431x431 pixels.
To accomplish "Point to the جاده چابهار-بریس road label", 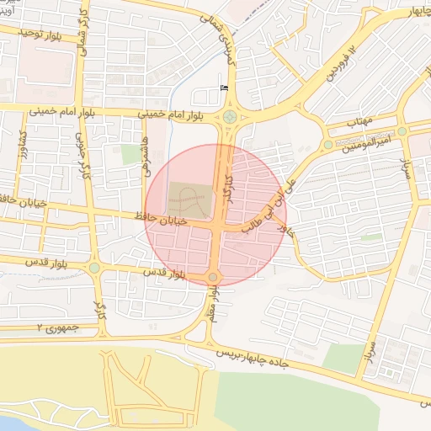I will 252,357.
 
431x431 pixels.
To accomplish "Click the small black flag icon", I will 223,87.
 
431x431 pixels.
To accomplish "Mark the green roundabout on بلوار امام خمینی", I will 230,117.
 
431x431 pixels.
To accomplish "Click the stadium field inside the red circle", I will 189,199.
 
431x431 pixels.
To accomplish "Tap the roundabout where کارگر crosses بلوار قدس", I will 94,269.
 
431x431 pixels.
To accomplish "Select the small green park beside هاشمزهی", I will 130,154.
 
